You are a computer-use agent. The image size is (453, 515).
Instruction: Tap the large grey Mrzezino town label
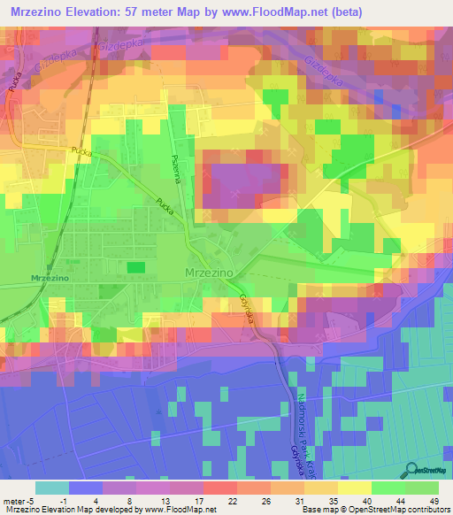210,273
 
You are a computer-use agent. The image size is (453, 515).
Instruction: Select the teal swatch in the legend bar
52,488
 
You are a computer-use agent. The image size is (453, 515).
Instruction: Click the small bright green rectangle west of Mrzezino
135,266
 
